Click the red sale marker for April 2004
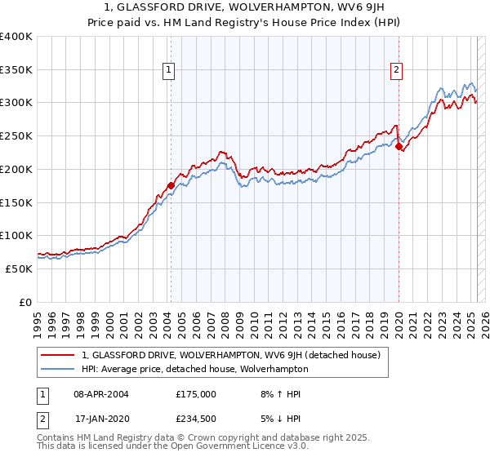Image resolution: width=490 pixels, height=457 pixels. click(171, 186)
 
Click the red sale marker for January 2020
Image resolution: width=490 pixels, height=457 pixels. click(399, 147)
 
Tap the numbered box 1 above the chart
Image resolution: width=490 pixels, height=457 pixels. click(168, 71)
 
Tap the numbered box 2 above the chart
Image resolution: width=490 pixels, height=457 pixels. click(396, 71)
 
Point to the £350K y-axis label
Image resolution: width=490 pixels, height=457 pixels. click(16, 70)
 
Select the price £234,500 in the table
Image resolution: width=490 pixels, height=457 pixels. click(196, 419)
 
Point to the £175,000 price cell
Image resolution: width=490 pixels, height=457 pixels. click(196, 394)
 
